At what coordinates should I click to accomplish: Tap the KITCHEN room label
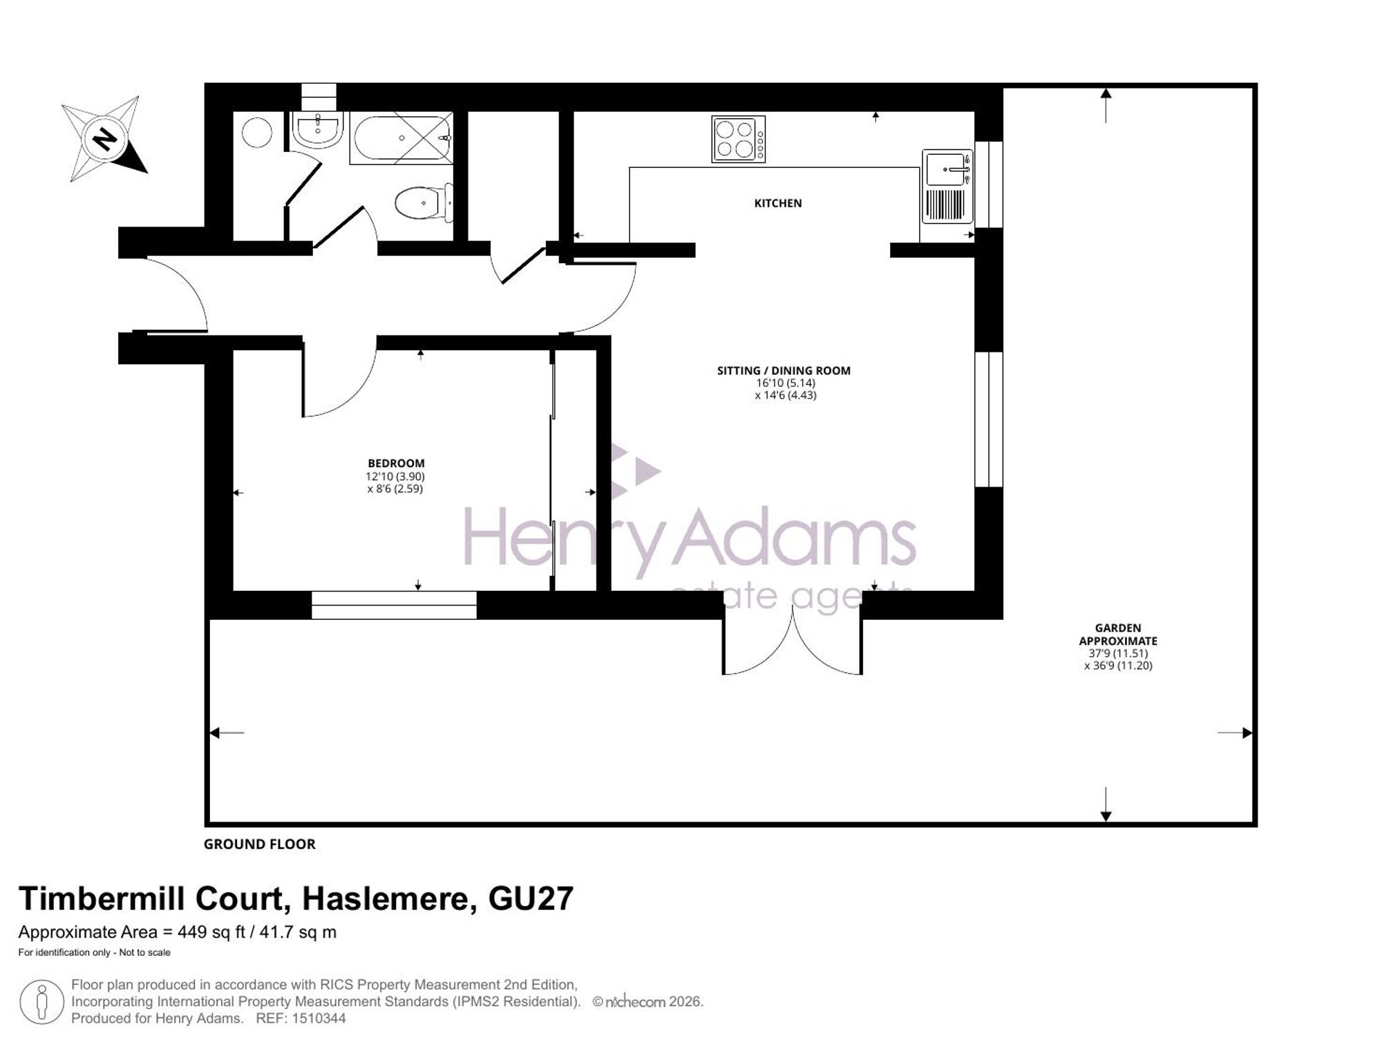pos(777,203)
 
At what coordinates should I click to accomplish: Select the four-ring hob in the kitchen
pos(738,140)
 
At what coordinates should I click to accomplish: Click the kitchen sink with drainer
pos(947,187)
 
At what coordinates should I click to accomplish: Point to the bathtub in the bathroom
pos(401,138)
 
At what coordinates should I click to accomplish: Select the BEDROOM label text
pos(396,464)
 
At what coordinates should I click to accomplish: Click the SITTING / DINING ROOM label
pos(784,370)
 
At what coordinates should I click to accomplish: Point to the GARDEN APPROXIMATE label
pos(1118,634)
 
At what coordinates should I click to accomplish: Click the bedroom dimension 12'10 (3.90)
pos(395,476)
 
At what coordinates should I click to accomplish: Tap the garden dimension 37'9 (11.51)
pos(1118,653)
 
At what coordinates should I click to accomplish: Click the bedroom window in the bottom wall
pos(394,605)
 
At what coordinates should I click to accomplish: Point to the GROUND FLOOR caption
pos(260,844)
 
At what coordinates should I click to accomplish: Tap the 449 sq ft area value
pos(212,932)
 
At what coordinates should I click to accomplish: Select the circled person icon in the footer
pos(41,1002)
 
